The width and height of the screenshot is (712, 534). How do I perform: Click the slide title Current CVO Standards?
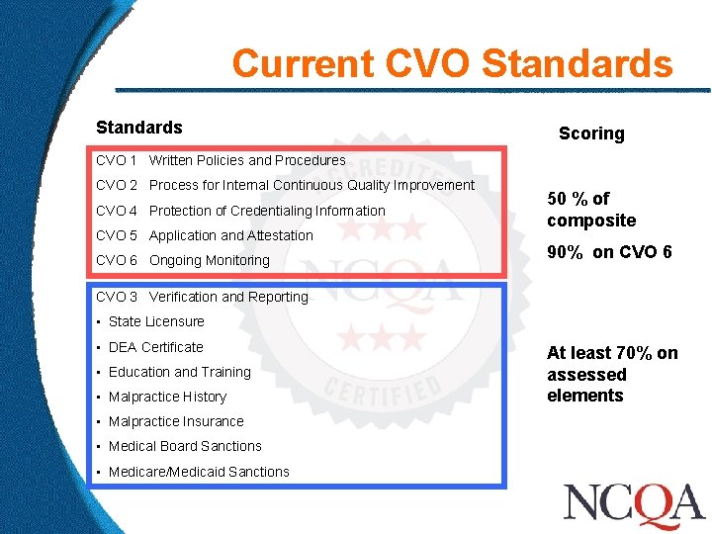[x=452, y=64]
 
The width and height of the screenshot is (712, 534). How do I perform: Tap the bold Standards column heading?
[x=139, y=128]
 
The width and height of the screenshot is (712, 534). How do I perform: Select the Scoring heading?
[x=591, y=133]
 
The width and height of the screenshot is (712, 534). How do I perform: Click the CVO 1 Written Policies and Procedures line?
[x=221, y=160]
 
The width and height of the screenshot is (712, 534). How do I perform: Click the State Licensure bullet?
[x=155, y=321]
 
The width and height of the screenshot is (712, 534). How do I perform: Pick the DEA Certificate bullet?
[x=155, y=347]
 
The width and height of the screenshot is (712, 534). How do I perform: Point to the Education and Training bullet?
[x=179, y=372]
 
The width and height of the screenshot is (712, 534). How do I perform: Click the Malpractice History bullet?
[x=167, y=397]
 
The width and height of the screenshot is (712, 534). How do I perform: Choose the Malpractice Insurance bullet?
[x=176, y=421]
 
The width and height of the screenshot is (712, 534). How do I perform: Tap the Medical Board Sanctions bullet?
[x=185, y=446]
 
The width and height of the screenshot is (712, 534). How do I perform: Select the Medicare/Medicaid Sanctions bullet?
[x=199, y=472]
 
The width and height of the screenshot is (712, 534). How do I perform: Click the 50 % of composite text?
[x=591, y=210]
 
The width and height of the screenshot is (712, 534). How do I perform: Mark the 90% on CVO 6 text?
[x=609, y=252]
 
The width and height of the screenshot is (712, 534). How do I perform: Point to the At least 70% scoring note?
[x=612, y=374]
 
